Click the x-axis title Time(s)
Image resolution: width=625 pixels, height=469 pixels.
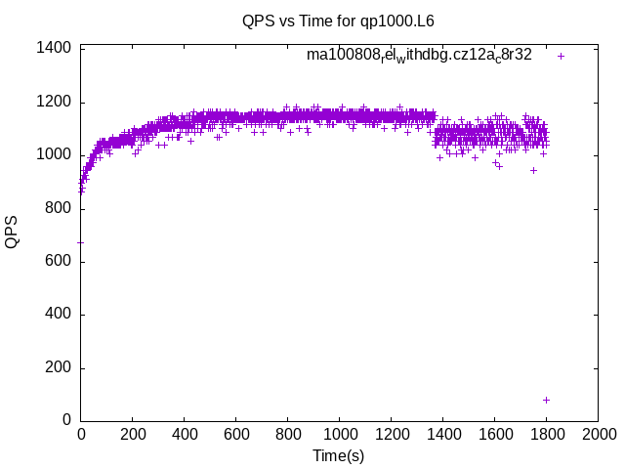pyautogui.click(x=338, y=455)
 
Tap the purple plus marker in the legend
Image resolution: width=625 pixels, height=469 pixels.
pyautogui.click(x=561, y=56)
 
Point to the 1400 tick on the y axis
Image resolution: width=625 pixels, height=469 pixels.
pyautogui.click(x=53, y=49)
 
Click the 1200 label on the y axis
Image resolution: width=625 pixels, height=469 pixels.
pyautogui.click(x=53, y=102)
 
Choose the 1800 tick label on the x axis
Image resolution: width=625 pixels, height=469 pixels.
pyautogui.click(x=546, y=435)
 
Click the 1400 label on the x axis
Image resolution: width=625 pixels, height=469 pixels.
pyautogui.click(x=442, y=435)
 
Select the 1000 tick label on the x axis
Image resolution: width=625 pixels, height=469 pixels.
pyautogui.click(x=339, y=435)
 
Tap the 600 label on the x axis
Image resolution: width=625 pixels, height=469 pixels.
pyautogui.click(x=235, y=435)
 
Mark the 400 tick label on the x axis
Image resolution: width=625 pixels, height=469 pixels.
pyautogui.click(x=185, y=435)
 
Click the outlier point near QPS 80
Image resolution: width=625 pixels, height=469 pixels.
pyautogui.click(x=546, y=400)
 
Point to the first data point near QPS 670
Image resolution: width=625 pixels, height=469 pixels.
pyautogui.click(x=81, y=242)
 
